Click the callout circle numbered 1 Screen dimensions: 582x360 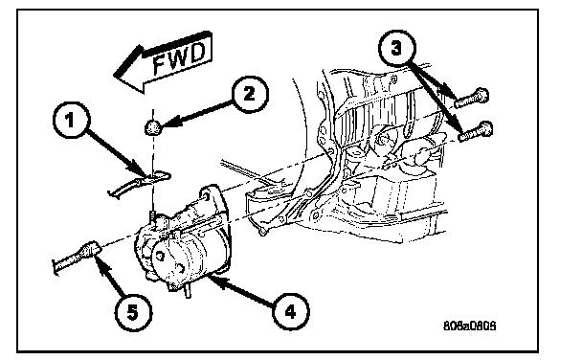[71, 121]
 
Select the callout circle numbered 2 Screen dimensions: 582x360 [249, 94]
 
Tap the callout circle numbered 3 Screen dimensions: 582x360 [397, 48]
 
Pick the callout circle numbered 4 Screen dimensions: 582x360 [290, 311]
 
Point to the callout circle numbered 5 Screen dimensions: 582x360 [132, 312]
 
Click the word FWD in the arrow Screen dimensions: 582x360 [179, 57]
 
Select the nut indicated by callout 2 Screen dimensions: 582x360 [152, 128]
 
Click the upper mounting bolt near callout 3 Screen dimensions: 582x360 [471, 99]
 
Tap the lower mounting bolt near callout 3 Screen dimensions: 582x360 [476, 131]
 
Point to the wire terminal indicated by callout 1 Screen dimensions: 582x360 [139, 183]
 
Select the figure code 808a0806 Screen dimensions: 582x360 [470, 326]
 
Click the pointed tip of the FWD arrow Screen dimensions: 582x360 [114, 76]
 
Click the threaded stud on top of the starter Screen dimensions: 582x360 [152, 217]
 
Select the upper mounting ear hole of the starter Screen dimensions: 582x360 [205, 194]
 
